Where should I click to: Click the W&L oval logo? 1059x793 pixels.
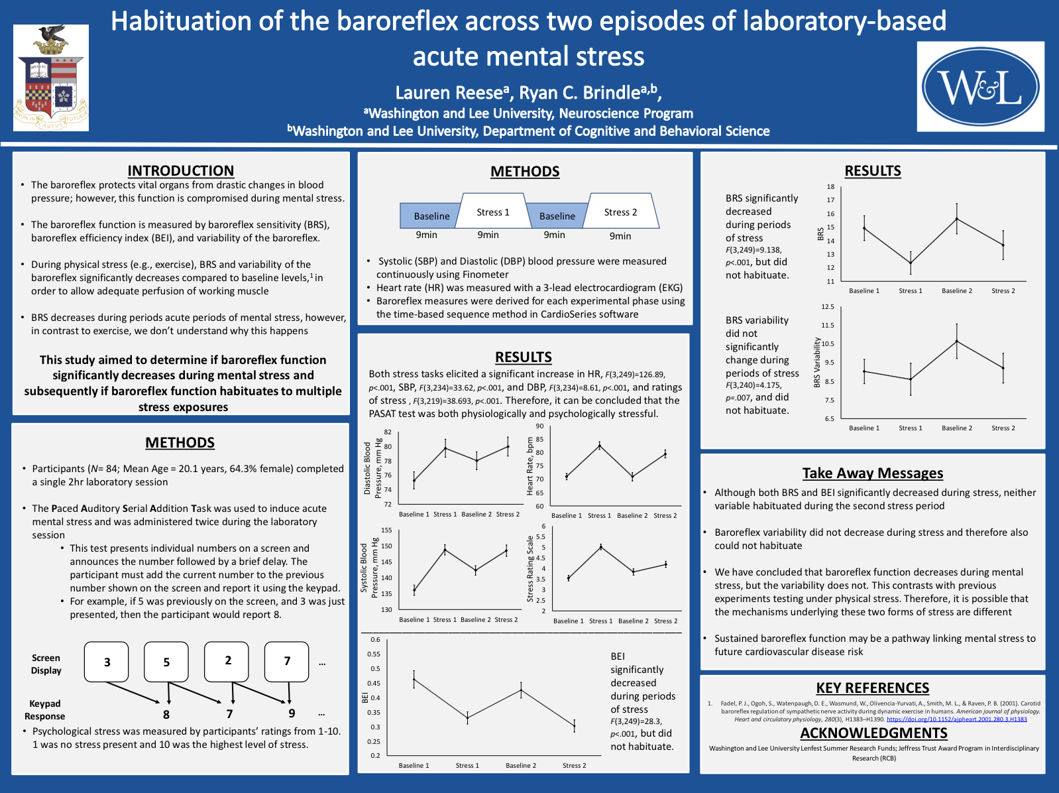tap(981, 87)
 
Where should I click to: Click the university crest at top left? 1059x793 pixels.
tap(51, 78)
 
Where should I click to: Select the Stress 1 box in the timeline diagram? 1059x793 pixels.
tap(492, 212)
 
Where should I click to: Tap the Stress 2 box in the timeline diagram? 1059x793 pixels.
tap(620, 212)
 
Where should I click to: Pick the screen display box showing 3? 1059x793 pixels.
tap(107, 662)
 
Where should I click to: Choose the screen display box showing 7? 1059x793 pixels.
tap(287, 661)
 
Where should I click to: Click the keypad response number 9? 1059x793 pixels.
tap(292, 713)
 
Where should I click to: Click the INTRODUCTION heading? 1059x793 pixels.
tap(180, 170)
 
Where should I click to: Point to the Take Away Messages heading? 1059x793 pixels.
tap(873, 473)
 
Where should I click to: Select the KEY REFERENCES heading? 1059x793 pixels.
tap(872, 688)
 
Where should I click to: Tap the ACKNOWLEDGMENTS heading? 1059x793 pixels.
tap(873, 733)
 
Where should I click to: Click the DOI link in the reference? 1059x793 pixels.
tap(956, 719)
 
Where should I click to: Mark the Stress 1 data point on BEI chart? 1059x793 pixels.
tap(467, 717)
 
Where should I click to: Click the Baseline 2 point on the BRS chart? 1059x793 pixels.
tap(957, 219)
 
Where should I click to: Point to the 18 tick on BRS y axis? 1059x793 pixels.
tap(830, 187)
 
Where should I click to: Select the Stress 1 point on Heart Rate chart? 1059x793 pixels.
tap(599, 446)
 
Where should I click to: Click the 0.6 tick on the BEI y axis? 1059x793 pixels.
tap(375, 640)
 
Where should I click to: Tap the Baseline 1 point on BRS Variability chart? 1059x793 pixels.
tap(864, 371)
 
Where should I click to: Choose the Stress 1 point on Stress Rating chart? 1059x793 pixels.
tap(600, 547)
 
